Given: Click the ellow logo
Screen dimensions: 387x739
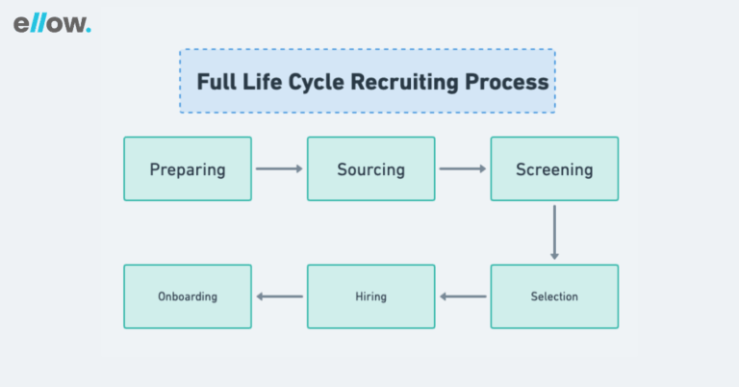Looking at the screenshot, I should pyautogui.click(x=52, y=24).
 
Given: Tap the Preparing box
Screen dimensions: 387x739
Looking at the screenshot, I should pyautogui.click(x=188, y=169).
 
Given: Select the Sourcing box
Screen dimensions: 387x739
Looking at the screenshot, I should pyautogui.click(x=370, y=169).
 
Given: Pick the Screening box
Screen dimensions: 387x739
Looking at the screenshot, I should pyautogui.click(x=554, y=169).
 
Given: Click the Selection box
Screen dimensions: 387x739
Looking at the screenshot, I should pyautogui.click(x=554, y=297).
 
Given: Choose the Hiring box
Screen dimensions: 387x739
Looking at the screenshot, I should pyautogui.click(x=370, y=297).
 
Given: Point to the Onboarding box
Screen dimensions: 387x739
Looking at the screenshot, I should pyautogui.click(x=188, y=297).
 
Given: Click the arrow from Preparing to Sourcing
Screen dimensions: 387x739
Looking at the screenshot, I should pyautogui.click(x=279, y=169).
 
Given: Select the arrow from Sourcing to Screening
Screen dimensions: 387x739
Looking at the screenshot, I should pyautogui.click(x=463, y=169).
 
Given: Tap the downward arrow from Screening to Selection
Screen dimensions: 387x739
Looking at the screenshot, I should pyautogui.click(x=554, y=232).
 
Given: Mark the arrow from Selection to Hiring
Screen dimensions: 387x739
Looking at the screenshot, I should pyautogui.click(x=463, y=297).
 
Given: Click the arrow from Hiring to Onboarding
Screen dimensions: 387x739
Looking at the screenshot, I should pyautogui.click(x=279, y=297).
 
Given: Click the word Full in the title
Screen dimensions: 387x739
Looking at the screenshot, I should pyautogui.click(x=215, y=82).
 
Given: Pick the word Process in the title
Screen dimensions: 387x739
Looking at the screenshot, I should pyautogui.click(x=507, y=82).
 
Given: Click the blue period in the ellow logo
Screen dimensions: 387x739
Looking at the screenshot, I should pyautogui.click(x=89, y=31).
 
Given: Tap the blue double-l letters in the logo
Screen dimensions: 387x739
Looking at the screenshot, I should pyautogui.click(x=37, y=24).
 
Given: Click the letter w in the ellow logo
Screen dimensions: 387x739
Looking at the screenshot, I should pyautogui.click(x=73, y=26).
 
